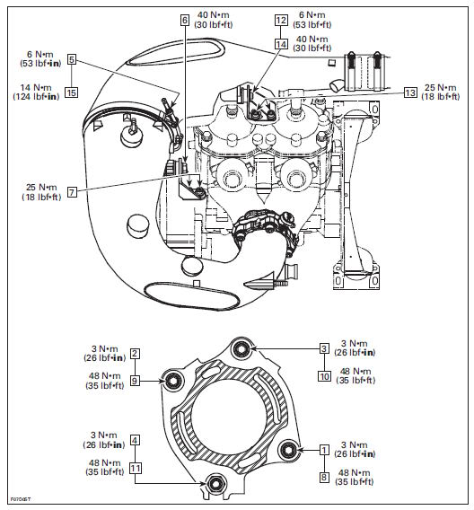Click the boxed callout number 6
[x=185, y=20]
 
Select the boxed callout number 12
[x=281, y=20]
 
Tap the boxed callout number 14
[x=281, y=44]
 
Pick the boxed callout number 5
[x=72, y=59]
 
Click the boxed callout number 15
[x=71, y=92]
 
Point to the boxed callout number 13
[x=410, y=92]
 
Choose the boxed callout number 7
[x=72, y=192]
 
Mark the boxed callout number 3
[x=324, y=348]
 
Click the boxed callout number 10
[x=324, y=376]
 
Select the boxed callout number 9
[x=135, y=381]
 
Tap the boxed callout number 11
[x=136, y=469]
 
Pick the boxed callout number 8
[x=324, y=478]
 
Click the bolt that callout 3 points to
[x=241, y=349]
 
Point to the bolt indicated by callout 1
[x=288, y=450]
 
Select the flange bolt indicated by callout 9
[x=172, y=381]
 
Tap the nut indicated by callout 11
[x=215, y=484]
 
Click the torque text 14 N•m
[x=36, y=87]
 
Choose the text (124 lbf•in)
[x=36, y=97]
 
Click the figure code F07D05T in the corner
[x=21, y=499]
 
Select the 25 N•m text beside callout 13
[x=441, y=87]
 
